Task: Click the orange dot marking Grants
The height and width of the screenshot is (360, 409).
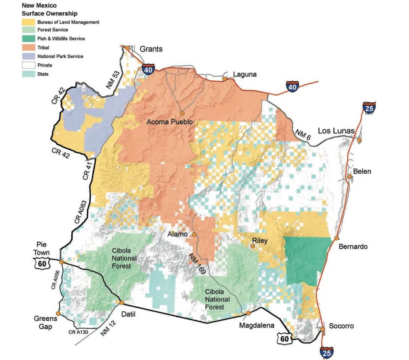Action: (x=128, y=48)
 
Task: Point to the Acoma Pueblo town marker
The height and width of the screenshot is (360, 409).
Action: (x=182, y=112)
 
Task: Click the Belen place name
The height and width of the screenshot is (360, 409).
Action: (x=362, y=171)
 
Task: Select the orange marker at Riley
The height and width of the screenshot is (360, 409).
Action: (x=253, y=246)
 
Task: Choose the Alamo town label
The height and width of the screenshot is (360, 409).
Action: (x=177, y=234)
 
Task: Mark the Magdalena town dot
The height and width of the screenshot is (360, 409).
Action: (x=248, y=313)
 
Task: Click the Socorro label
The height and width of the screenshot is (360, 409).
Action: (x=341, y=326)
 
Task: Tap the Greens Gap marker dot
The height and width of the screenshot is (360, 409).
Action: (x=58, y=313)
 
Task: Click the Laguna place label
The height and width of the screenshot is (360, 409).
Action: (x=244, y=74)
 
